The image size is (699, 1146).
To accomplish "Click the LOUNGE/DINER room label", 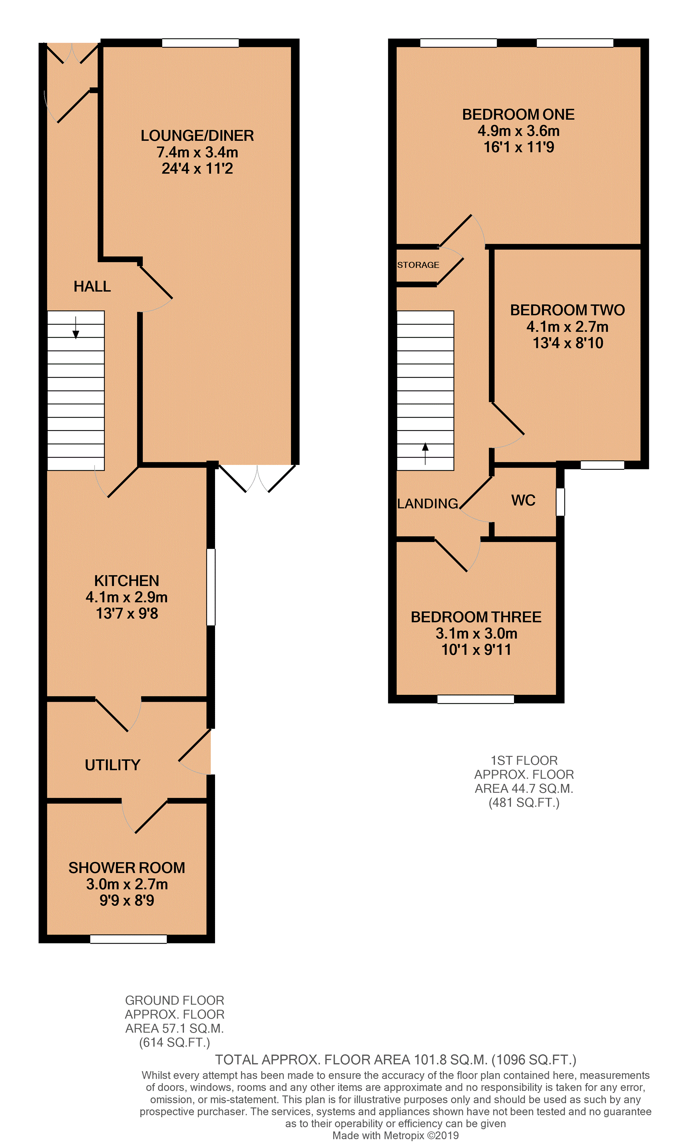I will click(x=197, y=136).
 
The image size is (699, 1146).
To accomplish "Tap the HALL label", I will click(x=92, y=286).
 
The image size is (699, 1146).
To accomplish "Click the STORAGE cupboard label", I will click(x=418, y=265).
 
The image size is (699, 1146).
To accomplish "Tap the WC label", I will click(x=523, y=501).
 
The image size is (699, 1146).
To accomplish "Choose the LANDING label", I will click(x=427, y=504).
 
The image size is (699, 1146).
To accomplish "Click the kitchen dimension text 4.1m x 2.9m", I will click(x=126, y=597).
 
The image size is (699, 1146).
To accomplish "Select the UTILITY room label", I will click(x=113, y=765).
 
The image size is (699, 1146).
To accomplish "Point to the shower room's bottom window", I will click(x=128, y=939).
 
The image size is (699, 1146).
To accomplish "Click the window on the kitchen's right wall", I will click(x=211, y=587).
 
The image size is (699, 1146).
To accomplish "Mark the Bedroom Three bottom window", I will click(x=475, y=699).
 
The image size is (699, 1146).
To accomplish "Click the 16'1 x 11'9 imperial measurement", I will click(x=518, y=147).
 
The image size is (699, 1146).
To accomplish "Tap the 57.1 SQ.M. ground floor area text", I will click(x=174, y=1028).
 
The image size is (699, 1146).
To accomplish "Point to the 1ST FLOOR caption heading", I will click(x=524, y=760).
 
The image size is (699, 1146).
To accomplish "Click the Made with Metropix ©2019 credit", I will click(x=395, y=1135).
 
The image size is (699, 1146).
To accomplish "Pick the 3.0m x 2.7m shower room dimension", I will click(x=126, y=884).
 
